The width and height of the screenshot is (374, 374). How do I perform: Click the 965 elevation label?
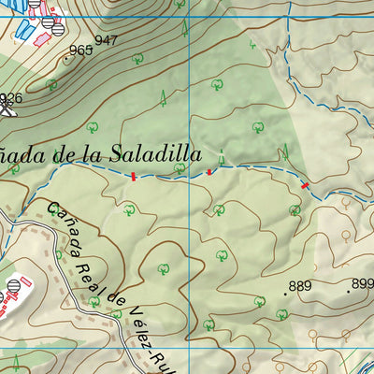click(x=81, y=50)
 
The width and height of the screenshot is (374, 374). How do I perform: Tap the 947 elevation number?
click(x=107, y=40)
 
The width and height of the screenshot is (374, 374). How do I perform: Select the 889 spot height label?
click(x=300, y=286)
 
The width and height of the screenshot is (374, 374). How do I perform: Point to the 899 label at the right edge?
click(x=362, y=284)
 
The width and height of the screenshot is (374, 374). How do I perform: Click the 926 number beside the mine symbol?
click(x=10, y=98)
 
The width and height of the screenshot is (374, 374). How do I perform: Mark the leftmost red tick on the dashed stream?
click(x=135, y=176)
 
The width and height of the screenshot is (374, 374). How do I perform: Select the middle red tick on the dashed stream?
click(x=209, y=171)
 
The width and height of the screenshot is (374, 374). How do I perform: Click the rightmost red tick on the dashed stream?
click(x=305, y=186)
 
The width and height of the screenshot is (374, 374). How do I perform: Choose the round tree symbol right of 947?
click(x=137, y=59)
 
